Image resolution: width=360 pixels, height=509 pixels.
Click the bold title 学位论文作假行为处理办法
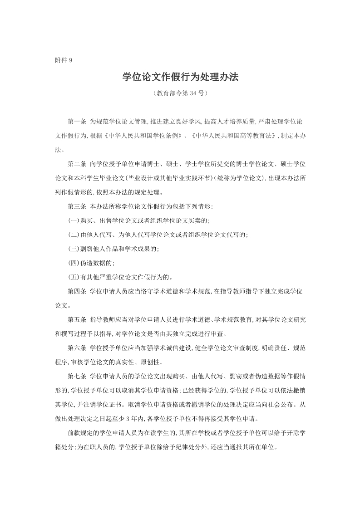click(180, 77)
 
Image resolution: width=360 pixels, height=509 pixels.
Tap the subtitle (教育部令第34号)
click(180, 94)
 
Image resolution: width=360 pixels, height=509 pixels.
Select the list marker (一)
click(74, 220)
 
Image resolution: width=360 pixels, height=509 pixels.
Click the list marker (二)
click(74, 235)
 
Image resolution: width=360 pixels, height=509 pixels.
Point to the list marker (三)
click(74, 249)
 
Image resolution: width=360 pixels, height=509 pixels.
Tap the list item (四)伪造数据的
click(91, 263)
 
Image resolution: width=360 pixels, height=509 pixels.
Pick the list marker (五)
click(74, 277)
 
